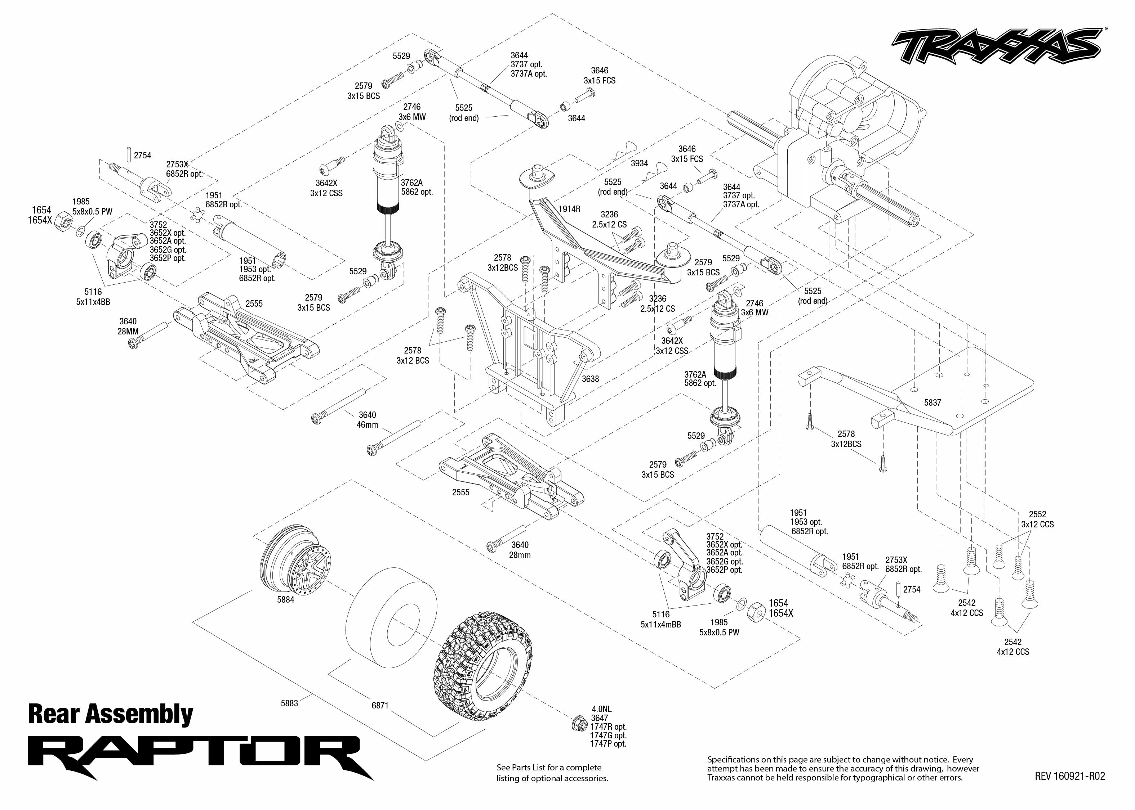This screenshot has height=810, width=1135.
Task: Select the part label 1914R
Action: coord(569,209)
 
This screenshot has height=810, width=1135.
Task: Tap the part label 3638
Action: coord(590,379)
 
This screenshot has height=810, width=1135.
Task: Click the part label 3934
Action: coord(639,163)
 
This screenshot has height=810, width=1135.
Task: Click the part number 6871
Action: coord(380,705)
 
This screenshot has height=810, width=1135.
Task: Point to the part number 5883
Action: coord(289,703)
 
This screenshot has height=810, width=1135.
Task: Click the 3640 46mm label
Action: coord(368,420)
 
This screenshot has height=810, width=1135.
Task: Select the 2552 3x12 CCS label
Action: coord(1037,519)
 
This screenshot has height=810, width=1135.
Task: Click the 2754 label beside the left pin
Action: coord(142,156)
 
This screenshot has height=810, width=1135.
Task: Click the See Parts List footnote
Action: coord(552,773)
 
